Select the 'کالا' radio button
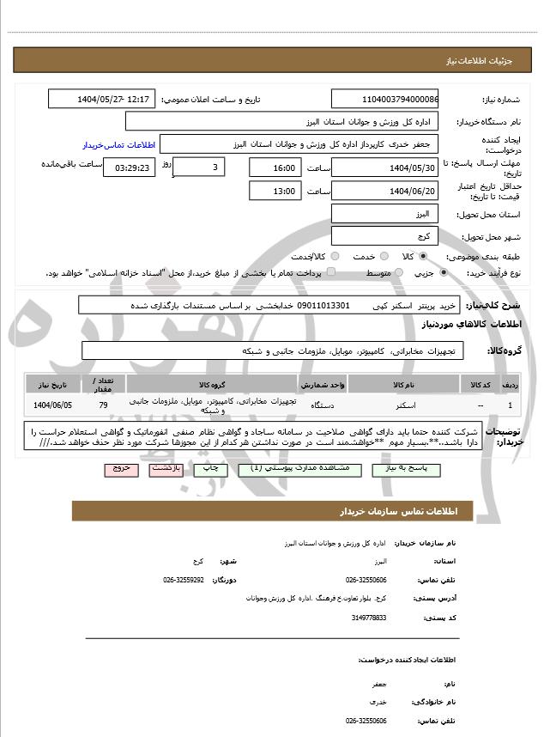(423, 256)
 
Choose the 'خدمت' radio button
(384, 256)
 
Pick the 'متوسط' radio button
(397, 272)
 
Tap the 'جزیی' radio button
(443, 272)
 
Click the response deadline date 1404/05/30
(384, 167)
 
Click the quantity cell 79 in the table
(104, 404)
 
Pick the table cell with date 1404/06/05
(52, 404)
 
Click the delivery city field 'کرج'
(384, 235)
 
